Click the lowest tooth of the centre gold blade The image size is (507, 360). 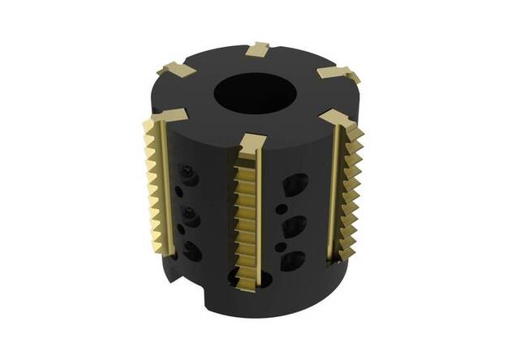[x=245, y=270]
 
